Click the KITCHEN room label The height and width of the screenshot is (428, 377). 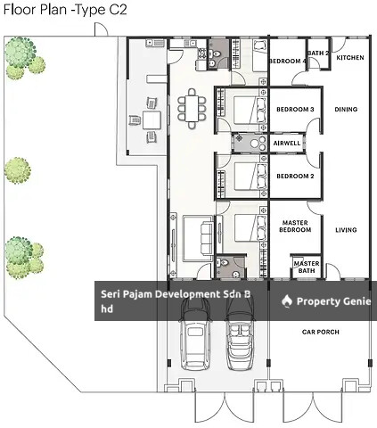[x=350, y=57]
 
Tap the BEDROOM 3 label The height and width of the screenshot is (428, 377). [x=295, y=109]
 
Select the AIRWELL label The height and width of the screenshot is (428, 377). [x=287, y=143]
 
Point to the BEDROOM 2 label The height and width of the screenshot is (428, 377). [x=295, y=176]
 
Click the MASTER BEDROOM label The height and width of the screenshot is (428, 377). [x=295, y=226]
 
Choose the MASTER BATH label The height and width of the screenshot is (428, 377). [x=307, y=267]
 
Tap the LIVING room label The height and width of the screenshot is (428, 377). [x=346, y=230]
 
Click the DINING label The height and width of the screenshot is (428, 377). [x=346, y=109]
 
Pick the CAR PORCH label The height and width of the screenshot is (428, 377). [x=321, y=332]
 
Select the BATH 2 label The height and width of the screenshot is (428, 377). [x=318, y=53]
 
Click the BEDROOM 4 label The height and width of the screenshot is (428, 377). [x=287, y=61]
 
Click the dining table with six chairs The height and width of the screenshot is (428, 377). [x=192, y=109]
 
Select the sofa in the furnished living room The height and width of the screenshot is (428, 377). [x=207, y=238]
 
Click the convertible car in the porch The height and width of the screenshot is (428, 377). [x=241, y=332]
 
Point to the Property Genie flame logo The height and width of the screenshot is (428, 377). [x=287, y=301]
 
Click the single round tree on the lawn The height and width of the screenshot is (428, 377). [x=18, y=170]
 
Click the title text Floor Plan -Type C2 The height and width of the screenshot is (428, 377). [x=65, y=9]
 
